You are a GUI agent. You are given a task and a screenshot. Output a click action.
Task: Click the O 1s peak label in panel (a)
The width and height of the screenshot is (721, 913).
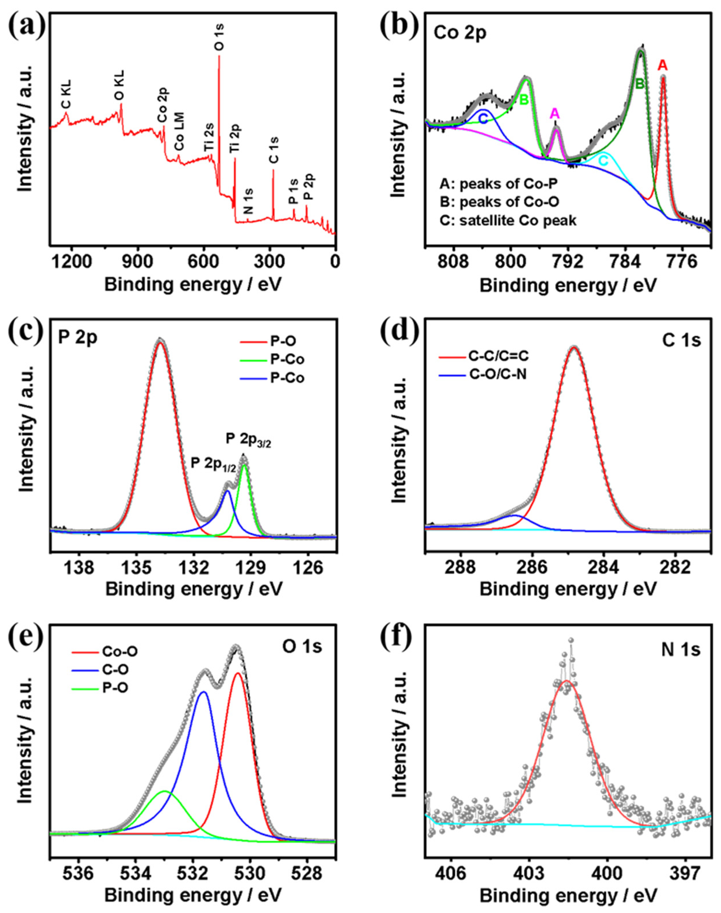[x=220, y=38]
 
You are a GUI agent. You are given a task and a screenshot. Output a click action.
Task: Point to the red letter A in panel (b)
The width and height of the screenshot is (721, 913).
[x=663, y=65]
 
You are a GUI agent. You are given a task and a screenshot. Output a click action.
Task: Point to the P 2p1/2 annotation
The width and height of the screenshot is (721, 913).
[x=213, y=464]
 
